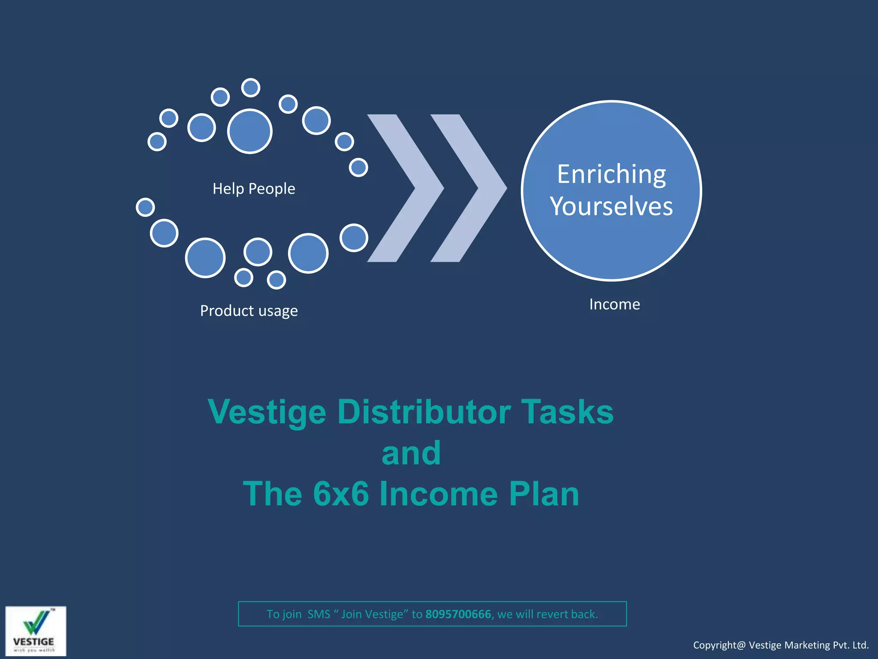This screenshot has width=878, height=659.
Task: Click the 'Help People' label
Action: pyautogui.click(x=254, y=189)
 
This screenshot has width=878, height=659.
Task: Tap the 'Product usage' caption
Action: pyautogui.click(x=249, y=311)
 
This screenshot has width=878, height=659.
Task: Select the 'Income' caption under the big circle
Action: pyautogui.click(x=614, y=304)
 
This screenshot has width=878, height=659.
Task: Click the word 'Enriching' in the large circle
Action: pyautogui.click(x=611, y=174)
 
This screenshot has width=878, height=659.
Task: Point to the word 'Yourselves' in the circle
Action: pyautogui.click(x=611, y=206)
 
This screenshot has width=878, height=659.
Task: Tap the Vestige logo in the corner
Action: pyautogui.click(x=36, y=631)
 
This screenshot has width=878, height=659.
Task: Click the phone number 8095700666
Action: pyautogui.click(x=458, y=614)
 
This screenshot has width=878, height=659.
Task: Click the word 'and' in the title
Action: pyautogui.click(x=411, y=453)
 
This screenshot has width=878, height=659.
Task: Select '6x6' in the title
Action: pyautogui.click(x=341, y=494)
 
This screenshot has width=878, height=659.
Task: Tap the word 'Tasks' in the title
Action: pyautogui.click(x=567, y=412)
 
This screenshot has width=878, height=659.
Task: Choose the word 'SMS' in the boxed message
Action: pyautogui.click(x=319, y=614)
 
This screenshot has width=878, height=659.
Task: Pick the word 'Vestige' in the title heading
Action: pyautogui.click(x=267, y=412)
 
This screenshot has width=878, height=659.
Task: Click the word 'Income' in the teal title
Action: pyautogui.click(x=438, y=494)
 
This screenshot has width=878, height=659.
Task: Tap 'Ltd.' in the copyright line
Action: pyautogui.click(x=860, y=645)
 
